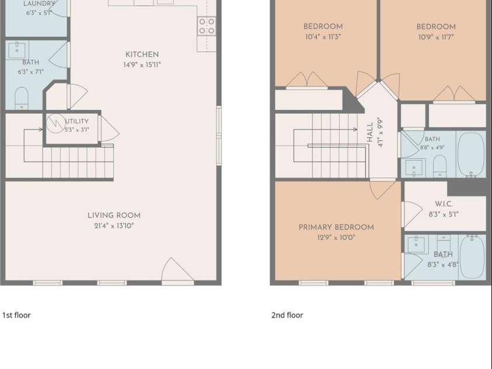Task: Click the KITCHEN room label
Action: click(x=142, y=55)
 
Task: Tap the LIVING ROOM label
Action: click(x=114, y=215)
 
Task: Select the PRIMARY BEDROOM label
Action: click(x=336, y=228)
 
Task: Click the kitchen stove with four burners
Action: click(x=207, y=26)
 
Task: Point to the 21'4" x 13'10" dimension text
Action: click(x=114, y=226)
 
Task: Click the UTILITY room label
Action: click(x=77, y=121)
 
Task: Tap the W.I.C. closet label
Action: click(x=444, y=204)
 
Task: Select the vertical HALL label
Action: click(x=370, y=132)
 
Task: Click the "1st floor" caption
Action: click(x=16, y=315)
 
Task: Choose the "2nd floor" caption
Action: click(x=287, y=315)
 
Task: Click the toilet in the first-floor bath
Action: click(x=22, y=99)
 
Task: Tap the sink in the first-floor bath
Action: click(x=17, y=50)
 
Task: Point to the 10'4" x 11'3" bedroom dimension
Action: click(x=323, y=37)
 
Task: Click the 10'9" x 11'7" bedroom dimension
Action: click(x=436, y=37)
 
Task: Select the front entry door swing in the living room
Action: click(x=177, y=270)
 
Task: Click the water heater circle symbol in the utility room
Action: click(x=56, y=124)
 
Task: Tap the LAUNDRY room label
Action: click(x=39, y=4)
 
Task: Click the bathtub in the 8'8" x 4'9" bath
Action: click(x=470, y=155)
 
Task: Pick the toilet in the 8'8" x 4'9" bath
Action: click(x=440, y=166)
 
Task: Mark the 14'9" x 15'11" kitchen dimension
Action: click(x=142, y=65)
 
